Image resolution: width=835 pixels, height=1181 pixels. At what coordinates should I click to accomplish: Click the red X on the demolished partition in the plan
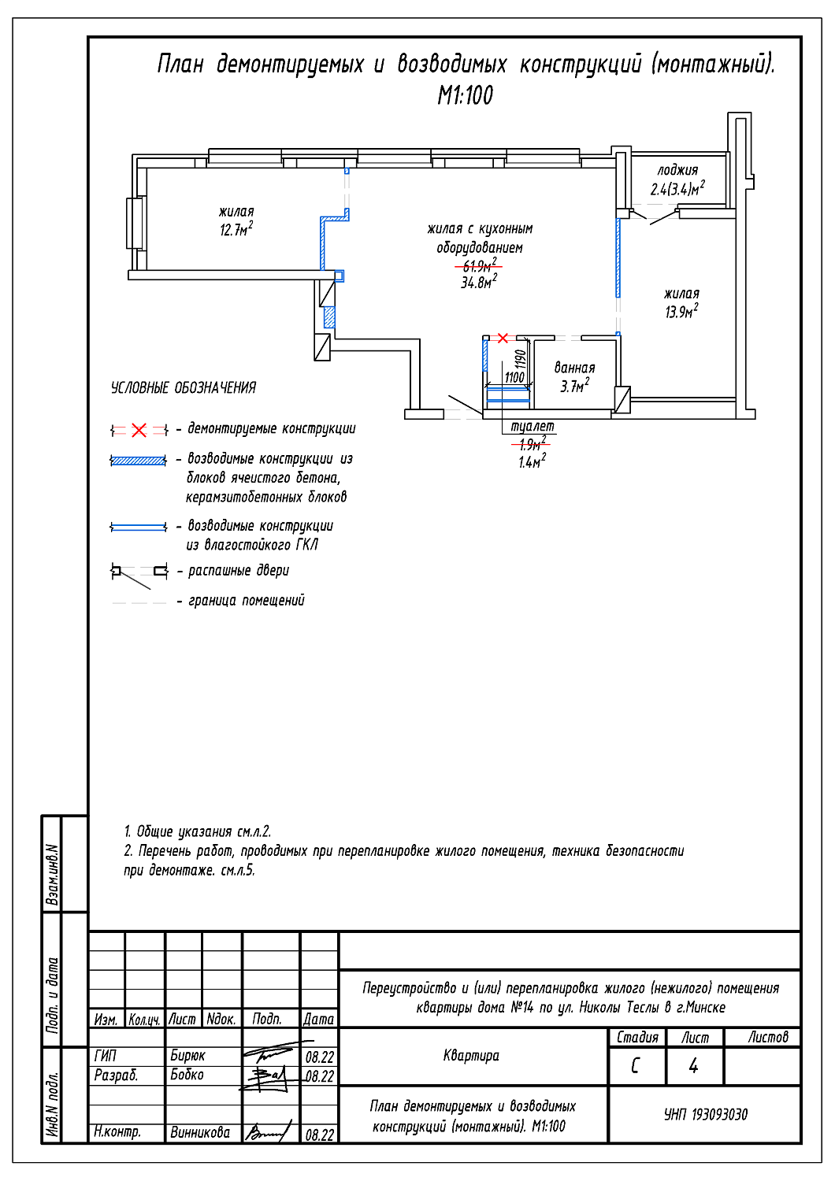coord(503,338)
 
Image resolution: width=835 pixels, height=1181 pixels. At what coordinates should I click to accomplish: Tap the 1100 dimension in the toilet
coord(514,377)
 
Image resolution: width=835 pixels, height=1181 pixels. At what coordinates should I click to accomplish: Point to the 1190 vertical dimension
coord(521,359)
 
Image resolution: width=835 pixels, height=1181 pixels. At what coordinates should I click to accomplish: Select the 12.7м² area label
coord(236,229)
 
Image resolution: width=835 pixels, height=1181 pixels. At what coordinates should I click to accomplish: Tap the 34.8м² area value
coord(479,282)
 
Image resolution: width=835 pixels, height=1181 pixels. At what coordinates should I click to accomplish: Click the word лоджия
coord(677,170)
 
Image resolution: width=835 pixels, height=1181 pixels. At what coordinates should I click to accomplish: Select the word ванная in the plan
coord(574,368)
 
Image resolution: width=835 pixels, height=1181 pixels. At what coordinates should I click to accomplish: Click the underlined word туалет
coord(533,426)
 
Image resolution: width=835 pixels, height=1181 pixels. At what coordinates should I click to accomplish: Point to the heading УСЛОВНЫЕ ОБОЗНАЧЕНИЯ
coord(184,388)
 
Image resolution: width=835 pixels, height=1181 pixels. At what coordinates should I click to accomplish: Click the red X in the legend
coord(139,430)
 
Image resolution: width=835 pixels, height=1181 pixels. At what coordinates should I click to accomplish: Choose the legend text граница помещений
coord(247,601)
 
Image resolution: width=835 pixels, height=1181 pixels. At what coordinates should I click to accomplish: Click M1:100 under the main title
coord(466,95)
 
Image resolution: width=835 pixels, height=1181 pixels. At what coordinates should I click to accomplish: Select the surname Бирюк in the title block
coord(187,1056)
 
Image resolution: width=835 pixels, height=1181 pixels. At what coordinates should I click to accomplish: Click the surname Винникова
coord(200,1132)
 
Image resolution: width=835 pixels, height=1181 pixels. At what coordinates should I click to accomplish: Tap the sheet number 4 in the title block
coord(694,1066)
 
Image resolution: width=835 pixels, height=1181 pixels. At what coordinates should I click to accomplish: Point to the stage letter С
coord(635,1066)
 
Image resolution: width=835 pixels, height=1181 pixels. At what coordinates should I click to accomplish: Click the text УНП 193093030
coord(706,1115)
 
